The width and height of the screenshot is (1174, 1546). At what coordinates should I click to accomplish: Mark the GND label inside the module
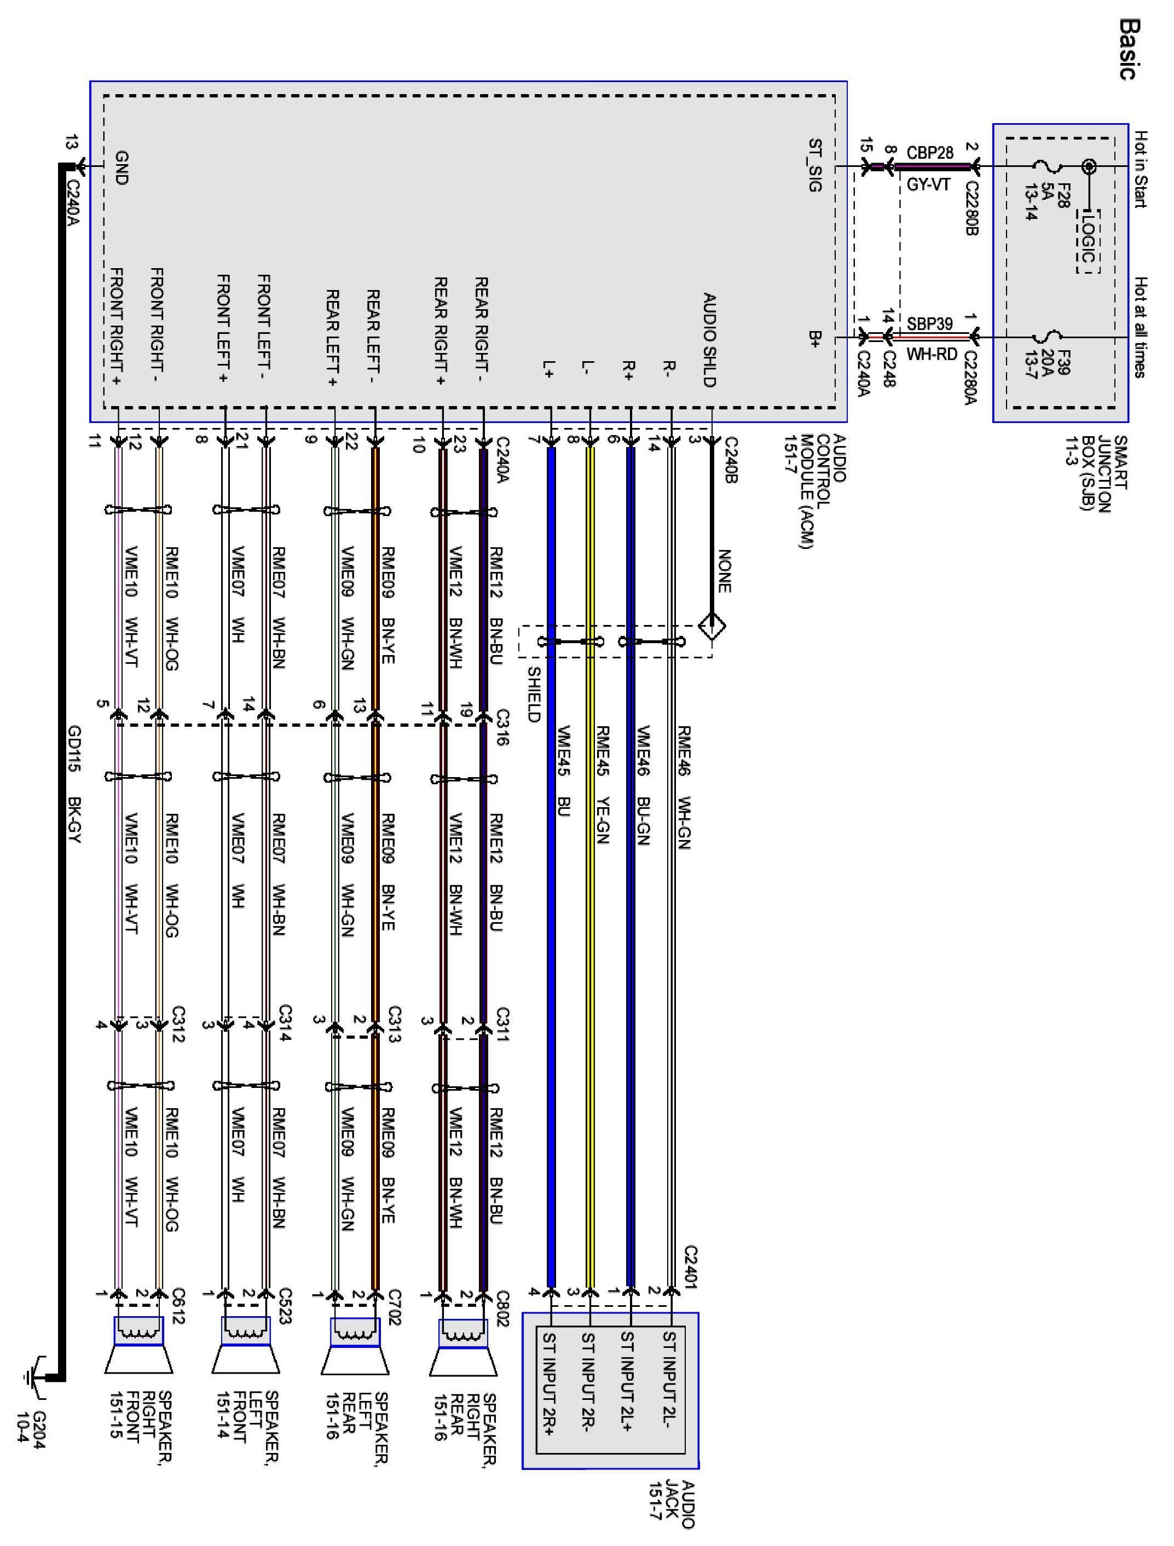pyautogui.click(x=121, y=168)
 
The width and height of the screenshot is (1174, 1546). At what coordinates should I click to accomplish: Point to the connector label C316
pyautogui.click(x=502, y=727)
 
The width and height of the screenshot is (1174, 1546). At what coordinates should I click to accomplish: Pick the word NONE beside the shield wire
pyautogui.click(x=724, y=570)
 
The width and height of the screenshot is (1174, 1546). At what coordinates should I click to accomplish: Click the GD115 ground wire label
pyautogui.click(x=74, y=749)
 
